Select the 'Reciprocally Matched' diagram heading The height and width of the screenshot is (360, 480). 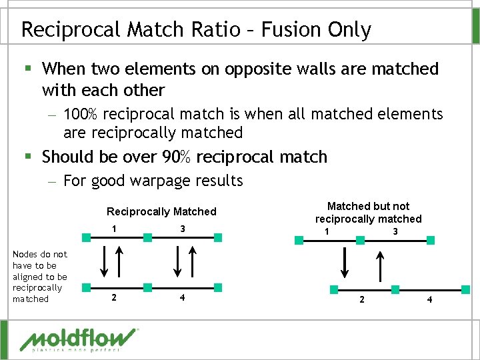click(x=161, y=211)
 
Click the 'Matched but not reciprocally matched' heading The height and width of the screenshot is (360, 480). click(x=368, y=213)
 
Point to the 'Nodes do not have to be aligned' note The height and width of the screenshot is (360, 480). click(x=40, y=277)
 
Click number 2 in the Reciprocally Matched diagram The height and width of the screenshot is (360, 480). click(x=114, y=298)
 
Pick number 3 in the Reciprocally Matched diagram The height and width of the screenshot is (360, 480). click(x=182, y=229)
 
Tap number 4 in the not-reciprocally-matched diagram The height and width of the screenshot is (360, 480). click(x=429, y=299)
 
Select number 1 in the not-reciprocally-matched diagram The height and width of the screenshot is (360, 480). click(x=326, y=231)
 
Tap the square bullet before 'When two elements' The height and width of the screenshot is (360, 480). click(x=27, y=69)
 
